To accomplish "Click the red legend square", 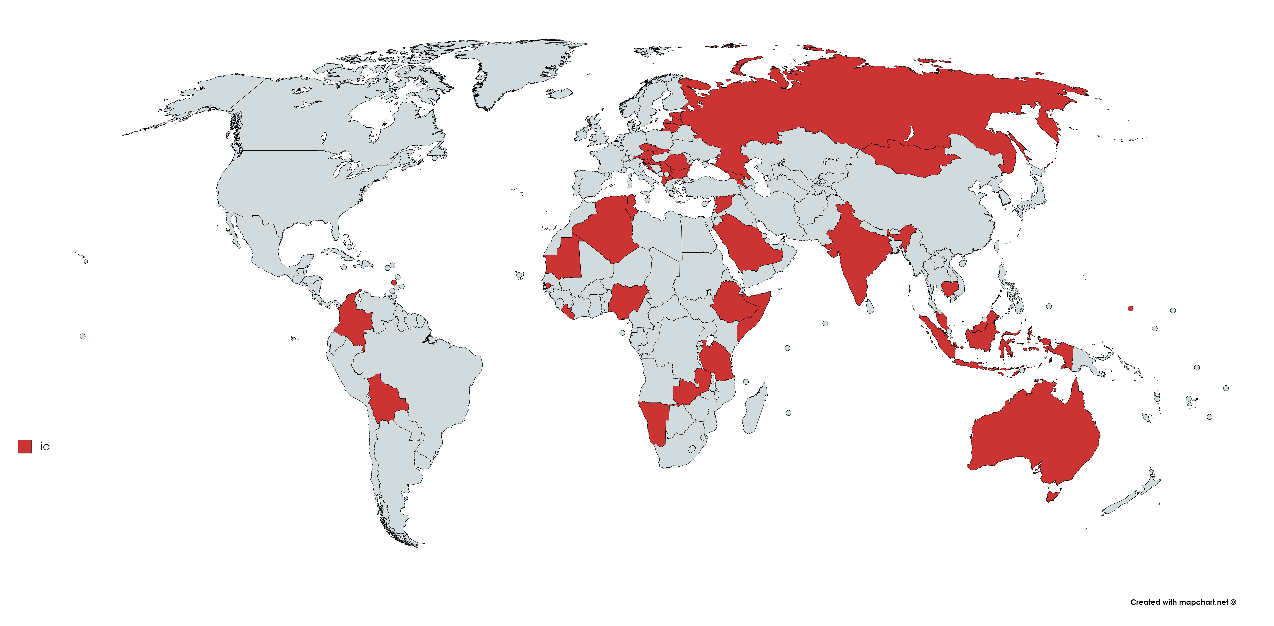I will click(x=25, y=446).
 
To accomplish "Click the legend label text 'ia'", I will click(x=45, y=447).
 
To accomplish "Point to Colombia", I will click(x=352, y=319).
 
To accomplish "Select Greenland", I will click(x=519, y=69).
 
